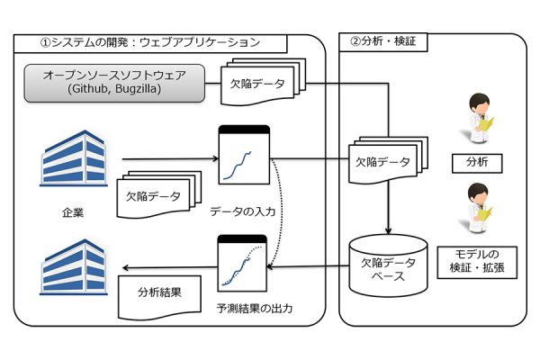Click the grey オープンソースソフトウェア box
coord(114,83)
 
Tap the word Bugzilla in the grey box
coord(138,89)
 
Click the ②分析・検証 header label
coord(383,42)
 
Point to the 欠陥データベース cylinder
coord(388,265)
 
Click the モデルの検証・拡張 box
coord(477,262)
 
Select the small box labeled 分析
coord(477,163)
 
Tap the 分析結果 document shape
coord(159,297)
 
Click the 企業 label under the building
coord(73,212)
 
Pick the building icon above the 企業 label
coord(74,158)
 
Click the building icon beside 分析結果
coord(74,267)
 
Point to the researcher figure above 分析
coord(480,117)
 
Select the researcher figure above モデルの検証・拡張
coord(480,208)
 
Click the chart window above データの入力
coord(244,155)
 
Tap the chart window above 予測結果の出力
coord(242,263)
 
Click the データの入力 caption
coord(243,211)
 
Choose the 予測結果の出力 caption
coord(255,308)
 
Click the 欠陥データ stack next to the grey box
coord(263,82)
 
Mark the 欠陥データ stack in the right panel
coord(388,160)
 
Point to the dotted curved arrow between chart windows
coord(282,213)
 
